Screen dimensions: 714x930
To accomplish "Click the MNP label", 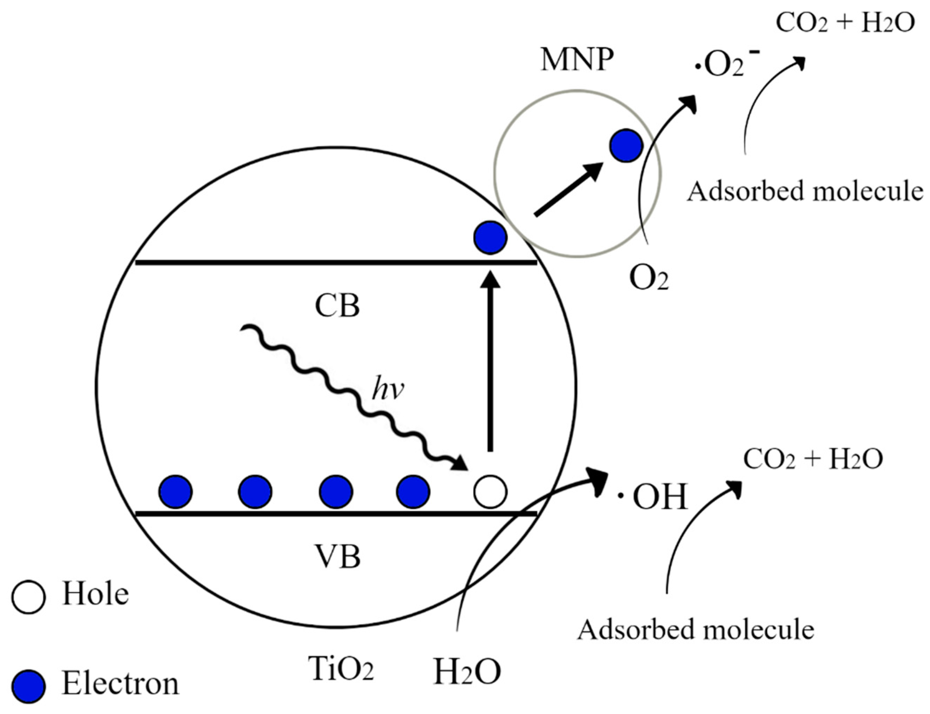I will coord(577,61).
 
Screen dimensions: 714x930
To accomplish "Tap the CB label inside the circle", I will coord(337,306).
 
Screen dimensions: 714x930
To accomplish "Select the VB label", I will coord(338,557).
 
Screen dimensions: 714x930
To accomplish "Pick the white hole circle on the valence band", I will coord(490,491).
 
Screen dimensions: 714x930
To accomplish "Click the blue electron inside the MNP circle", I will coord(626,145).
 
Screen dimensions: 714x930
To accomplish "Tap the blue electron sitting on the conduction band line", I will coord(490,237).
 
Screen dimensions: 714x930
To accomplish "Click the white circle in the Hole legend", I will coord(28,597).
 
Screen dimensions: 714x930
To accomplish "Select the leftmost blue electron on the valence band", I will coord(175,491).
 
